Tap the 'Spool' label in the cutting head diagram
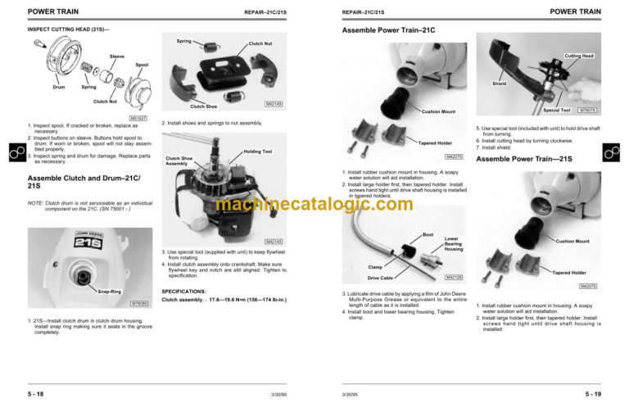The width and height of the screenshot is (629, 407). [x=142, y=65]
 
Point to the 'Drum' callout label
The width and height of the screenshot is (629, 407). [x=59, y=87]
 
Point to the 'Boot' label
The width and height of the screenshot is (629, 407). [x=428, y=234]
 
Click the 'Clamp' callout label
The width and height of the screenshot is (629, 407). [x=376, y=266]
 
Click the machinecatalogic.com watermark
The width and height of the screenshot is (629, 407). [x=315, y=204]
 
